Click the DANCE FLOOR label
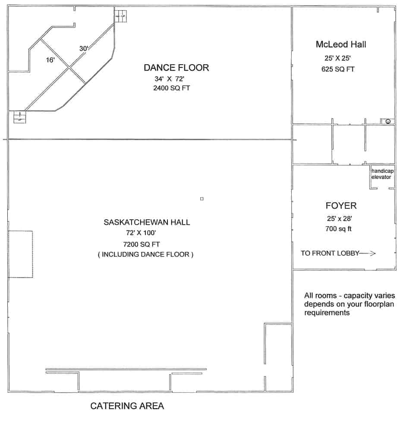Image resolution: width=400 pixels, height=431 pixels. tap(176, 68)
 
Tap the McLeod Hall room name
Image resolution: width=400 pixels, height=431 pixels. tap(341, 44)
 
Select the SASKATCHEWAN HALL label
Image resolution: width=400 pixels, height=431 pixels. tap(147, 222)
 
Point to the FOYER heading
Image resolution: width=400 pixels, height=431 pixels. tap(341, 205)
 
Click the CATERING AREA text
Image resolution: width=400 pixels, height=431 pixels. tap(127, 406)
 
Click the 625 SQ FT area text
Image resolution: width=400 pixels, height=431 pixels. tap(338, 69)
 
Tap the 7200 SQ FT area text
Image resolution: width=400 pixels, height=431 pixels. tap(145, 244)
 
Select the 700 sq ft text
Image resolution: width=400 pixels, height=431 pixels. tap(338, 229)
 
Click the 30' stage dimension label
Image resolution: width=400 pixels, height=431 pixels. tap(84, 49)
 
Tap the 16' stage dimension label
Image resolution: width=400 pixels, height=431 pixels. tap(50, 60)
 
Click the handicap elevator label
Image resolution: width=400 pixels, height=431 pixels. tap(382, 174)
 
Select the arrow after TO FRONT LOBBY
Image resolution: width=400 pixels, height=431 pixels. tap(368, 254)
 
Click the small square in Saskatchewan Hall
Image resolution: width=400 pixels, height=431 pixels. tap(202, 198)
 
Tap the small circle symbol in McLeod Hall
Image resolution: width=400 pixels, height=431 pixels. tap(388, 121)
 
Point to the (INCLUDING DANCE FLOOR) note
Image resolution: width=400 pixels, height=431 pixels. tap(146, 254)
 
